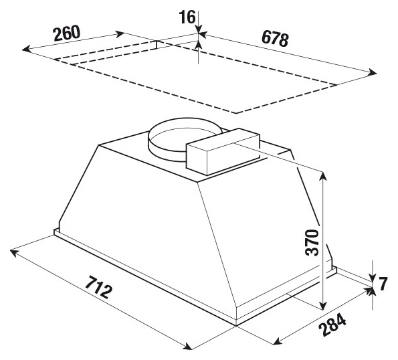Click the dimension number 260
click(67, 33)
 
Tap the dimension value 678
click(275, 39)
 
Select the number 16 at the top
click(187, 17)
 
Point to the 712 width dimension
click(98, 287)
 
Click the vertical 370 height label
click(312, 242)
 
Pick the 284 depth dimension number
click(332, 325)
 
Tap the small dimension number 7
click(383, 284)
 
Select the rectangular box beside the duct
click(223, 152)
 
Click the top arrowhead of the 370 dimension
click(323, 175)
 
